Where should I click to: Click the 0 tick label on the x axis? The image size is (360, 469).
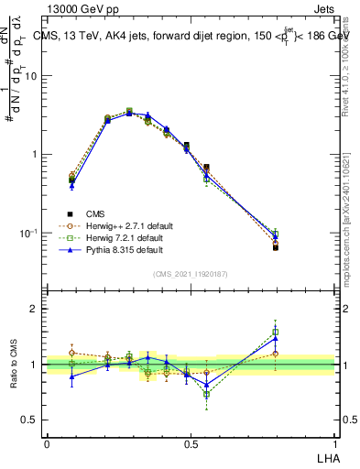point(47,444)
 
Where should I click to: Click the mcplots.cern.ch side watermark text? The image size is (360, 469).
point(352,229)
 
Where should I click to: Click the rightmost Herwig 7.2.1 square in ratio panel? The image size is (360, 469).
point(276,332)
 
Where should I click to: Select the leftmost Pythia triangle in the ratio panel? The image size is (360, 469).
point(71,376)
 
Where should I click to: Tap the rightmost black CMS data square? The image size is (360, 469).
point(276,247)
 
